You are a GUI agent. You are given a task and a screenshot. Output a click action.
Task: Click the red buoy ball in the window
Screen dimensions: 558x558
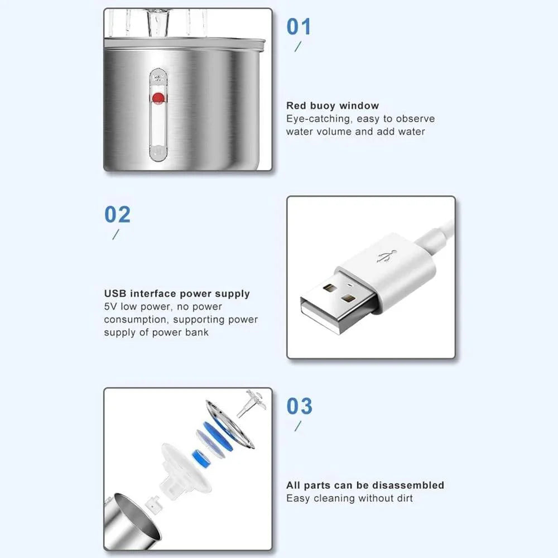pos(158,98)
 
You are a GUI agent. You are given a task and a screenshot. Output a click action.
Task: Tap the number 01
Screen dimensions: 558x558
pos(299,27)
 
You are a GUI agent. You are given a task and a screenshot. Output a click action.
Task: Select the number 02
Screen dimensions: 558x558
pos(117,215)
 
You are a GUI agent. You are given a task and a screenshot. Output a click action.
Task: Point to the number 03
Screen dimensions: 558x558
pos(300,406)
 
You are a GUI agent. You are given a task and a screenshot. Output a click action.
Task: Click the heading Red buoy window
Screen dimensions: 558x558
pos(333,105)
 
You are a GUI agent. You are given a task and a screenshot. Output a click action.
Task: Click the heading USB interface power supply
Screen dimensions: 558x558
pos(177,294)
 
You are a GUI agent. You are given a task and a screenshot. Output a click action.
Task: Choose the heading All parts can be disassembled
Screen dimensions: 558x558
pos(365,485)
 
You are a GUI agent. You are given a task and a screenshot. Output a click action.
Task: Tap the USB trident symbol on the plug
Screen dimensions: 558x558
pos(387,257)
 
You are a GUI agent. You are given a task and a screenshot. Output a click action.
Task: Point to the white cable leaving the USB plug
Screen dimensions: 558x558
pos(436,235)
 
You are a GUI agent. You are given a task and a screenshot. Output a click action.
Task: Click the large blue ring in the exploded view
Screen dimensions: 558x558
pos(218,436)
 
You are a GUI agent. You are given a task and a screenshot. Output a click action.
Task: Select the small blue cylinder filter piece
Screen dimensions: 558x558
pos(201,458)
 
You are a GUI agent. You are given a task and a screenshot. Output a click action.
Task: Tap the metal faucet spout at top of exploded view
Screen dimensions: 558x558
pos(251,403)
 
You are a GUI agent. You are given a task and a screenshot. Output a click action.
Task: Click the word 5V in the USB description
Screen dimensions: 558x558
pos(110,306)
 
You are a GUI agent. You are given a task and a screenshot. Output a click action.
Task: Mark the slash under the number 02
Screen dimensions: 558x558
pos(116,234)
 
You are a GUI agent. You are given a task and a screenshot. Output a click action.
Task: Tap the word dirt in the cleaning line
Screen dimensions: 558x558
pos(405,498)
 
